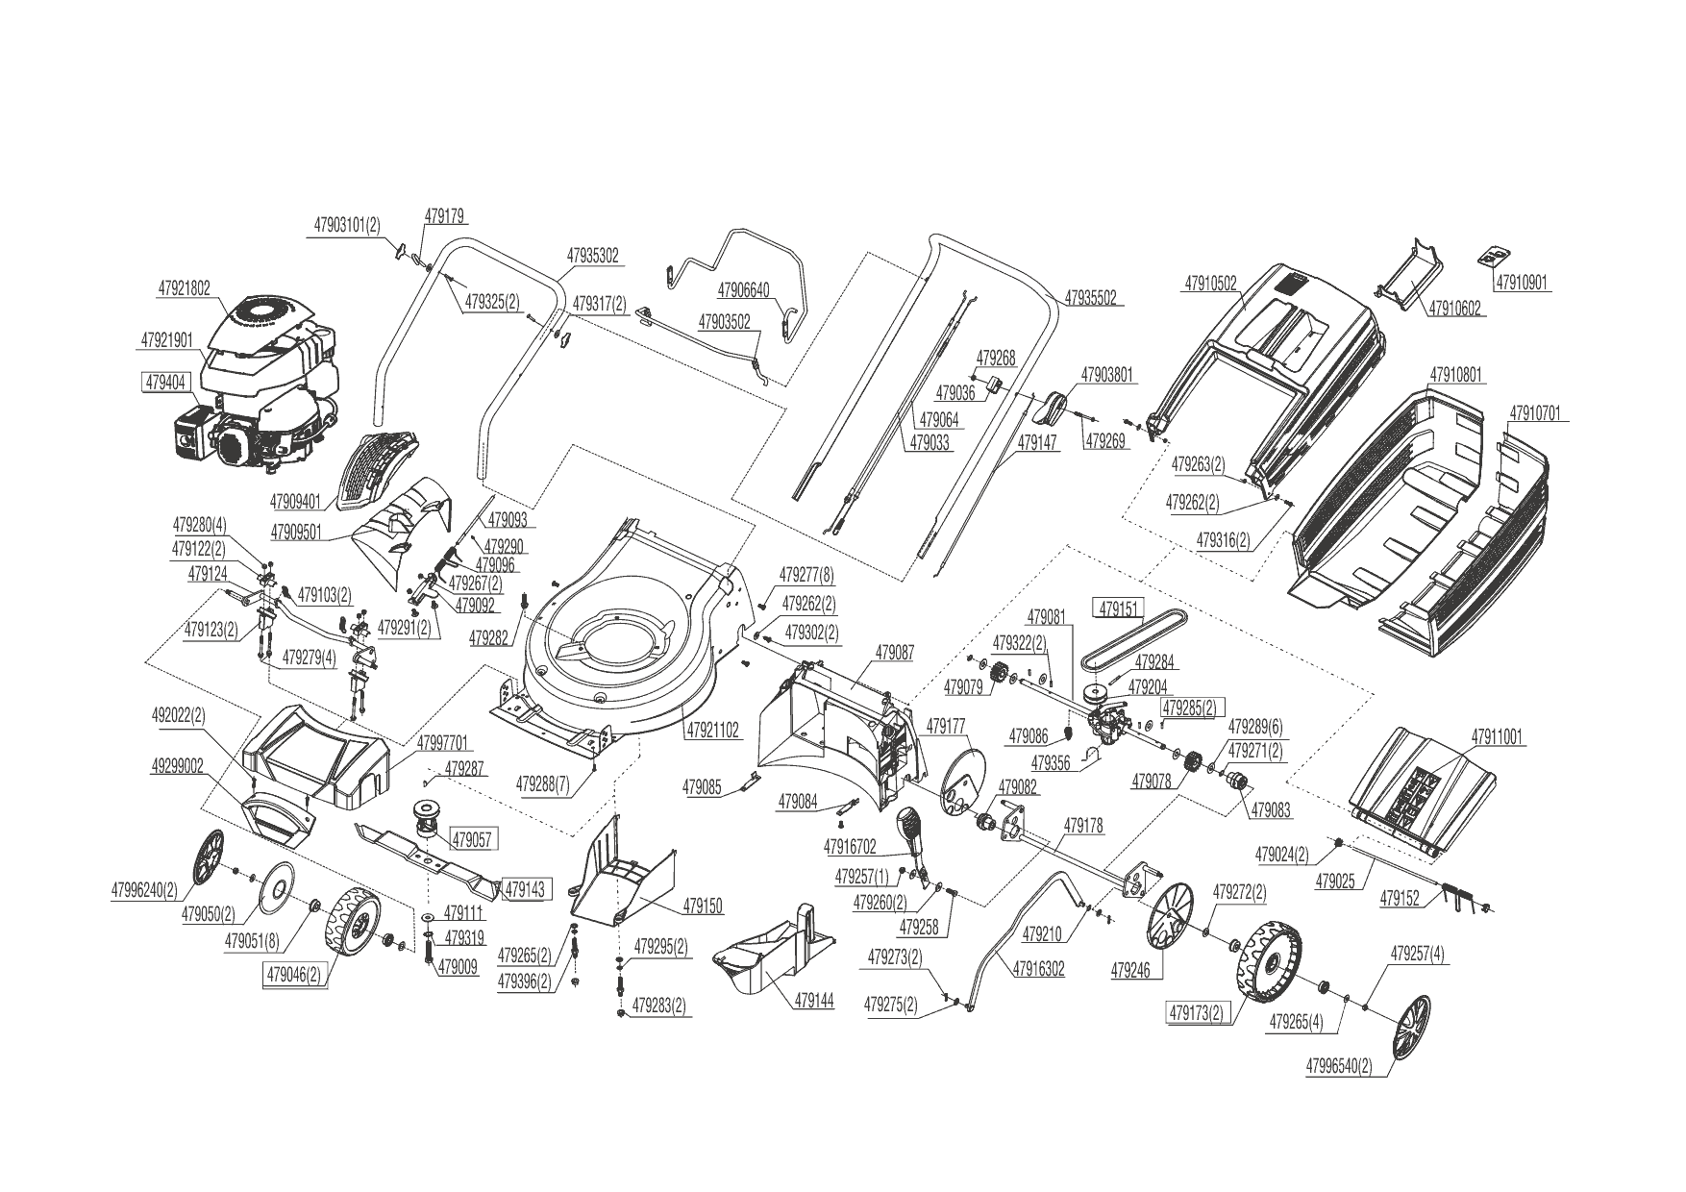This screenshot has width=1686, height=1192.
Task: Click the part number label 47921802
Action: coord(183,287)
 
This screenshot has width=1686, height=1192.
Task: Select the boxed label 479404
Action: coord(164,382)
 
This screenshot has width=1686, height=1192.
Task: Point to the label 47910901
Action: coord(1522,283)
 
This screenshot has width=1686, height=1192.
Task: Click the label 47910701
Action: coord(1534,414)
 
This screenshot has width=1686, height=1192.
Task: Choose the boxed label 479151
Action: coord(1118,609)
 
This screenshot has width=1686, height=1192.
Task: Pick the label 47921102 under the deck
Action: coord(712,731)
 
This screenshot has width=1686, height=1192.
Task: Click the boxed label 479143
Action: coord(525,889)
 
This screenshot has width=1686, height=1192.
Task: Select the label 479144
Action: coord(814,1001)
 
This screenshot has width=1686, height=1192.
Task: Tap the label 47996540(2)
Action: coord(1339,1067)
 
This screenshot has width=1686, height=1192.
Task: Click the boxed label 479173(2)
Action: coord(1198,1012)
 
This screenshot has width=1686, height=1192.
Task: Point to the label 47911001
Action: coord(1498,737)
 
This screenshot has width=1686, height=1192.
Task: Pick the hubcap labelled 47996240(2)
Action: coord(207,857)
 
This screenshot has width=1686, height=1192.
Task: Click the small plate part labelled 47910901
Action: coord(1493,257)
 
